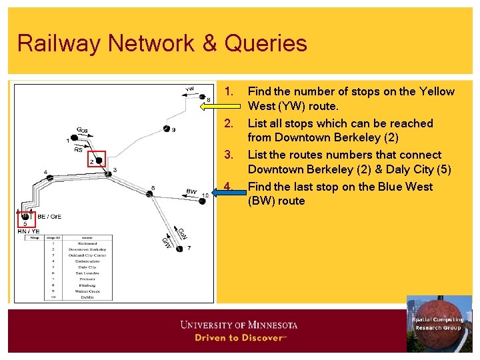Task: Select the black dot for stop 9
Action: coord(166,128)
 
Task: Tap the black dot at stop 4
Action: coord(51,177)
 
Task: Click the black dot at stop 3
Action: coord(108,174)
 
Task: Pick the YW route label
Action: coord(190,89)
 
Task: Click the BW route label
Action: coord(191,191)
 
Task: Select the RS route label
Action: coord(79,150)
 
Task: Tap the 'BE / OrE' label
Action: coord(50,216)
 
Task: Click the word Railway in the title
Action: coord(59,44)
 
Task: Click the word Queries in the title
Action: coord(266,44)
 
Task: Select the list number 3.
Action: coord(229,155)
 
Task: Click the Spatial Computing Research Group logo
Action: coord(439,323)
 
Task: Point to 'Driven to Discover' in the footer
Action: coord(240,338)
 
